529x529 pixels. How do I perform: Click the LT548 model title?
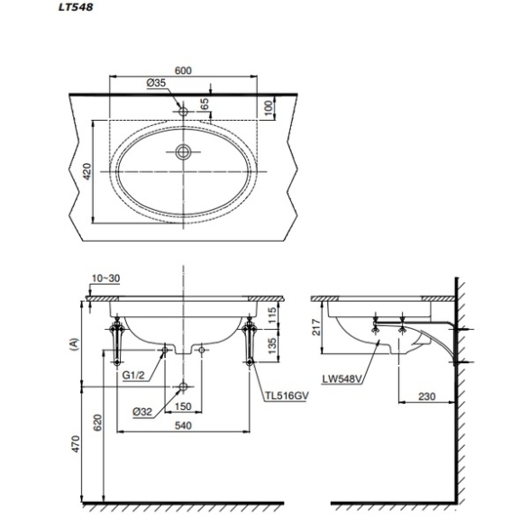(76, 7)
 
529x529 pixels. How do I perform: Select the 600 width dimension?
(183, 70)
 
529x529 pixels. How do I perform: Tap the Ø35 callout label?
(156, 83)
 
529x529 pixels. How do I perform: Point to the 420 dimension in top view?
(87, 171)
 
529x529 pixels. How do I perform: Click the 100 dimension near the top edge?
(269, 108)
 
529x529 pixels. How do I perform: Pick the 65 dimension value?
(205, 104)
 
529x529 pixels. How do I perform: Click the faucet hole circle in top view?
(183, 112)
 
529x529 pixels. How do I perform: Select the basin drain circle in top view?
(183, 152)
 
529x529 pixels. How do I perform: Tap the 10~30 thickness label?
(106, 278)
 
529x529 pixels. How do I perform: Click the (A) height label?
(74, 344)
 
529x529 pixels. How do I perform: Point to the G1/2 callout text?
(133, 375)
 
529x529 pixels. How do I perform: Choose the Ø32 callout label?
(142, 412)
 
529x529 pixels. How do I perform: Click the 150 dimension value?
(183, 406)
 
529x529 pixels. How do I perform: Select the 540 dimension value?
(183, 425)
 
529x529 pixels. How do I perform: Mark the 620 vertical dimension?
(97, 423)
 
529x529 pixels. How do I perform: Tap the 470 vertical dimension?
(77, 444)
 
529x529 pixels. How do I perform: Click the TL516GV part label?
(287, 396)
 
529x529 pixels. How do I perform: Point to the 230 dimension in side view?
(427, 397)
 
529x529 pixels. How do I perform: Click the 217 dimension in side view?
(316, 327)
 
